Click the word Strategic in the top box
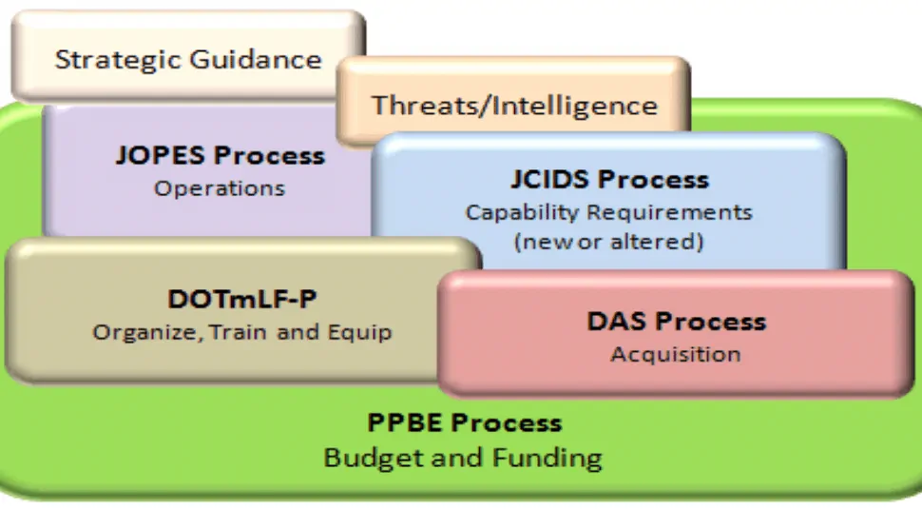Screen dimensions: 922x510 (x=119, y=60)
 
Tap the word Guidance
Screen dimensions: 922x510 (x=256, y=60)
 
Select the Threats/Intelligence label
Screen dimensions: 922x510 (x=514, y=106)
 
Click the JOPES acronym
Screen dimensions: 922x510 (x=161, y=155)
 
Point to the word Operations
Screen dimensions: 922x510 (x=220, y=188)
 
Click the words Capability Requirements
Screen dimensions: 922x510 (x=608, y=212)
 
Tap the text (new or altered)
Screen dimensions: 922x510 (x=608, y=242)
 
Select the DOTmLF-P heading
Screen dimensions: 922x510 (x=242, y=299)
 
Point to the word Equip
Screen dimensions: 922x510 (x=359, y=333)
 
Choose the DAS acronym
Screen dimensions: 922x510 (x=617, y=322)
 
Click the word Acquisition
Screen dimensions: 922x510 (x=676, y=355)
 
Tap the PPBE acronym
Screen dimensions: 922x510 (x=405, y=422)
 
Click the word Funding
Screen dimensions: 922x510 (x=547, y=458)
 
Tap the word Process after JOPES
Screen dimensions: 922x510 (x=269, y=155)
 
